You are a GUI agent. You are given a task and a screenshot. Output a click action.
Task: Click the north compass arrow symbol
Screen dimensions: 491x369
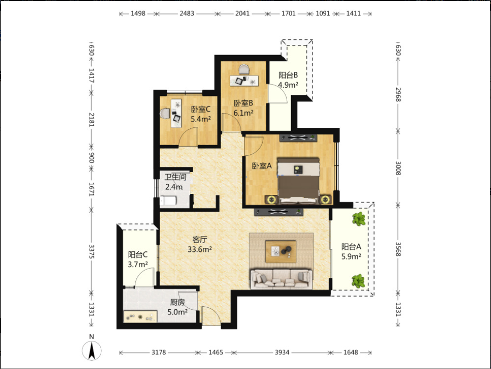pos(92,350)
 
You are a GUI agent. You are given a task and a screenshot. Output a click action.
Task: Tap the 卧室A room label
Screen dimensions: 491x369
pos(262,166)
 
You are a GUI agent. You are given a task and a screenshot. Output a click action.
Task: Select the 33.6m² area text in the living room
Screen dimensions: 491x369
pos(200,249)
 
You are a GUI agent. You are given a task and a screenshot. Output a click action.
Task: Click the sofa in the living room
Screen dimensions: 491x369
pos(281,279)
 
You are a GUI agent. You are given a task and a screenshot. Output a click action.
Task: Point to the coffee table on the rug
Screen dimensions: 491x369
pos(280,251)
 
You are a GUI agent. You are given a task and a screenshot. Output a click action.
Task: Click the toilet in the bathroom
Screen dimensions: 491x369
pos(169,201)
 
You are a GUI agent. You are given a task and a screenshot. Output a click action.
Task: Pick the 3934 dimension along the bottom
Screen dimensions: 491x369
pos(282,353)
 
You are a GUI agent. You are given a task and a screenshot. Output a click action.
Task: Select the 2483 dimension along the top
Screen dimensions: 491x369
pos(187,14)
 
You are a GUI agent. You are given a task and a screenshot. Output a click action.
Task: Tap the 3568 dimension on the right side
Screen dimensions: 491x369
pos(398,249)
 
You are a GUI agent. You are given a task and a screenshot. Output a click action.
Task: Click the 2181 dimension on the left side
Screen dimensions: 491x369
pos(91,120)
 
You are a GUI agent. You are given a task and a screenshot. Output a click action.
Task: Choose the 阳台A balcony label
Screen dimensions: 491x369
pos(351,247)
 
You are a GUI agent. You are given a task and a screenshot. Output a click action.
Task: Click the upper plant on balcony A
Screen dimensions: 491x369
pos(358,219)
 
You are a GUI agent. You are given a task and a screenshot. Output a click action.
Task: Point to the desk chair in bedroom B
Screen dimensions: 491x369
pos(244,69)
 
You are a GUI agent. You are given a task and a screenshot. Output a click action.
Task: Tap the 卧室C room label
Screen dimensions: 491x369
pos(201,109)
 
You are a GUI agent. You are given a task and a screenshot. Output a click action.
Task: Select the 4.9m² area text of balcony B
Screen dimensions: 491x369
pos(288,85)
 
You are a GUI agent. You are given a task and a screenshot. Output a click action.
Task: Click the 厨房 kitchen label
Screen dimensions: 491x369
pos(177,302)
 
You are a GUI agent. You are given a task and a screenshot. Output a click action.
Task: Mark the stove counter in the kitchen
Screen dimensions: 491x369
pos(140,316)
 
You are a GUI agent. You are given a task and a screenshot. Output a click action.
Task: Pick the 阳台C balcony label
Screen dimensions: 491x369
pos(138,255)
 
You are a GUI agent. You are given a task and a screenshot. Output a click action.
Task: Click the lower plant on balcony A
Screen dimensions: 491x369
pos(358,281)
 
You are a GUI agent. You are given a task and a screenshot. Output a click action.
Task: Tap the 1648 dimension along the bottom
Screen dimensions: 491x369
pos(351,353)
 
